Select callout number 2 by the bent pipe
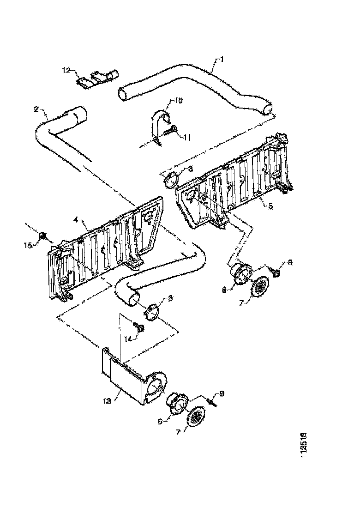(36, 109)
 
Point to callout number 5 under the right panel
(271, 206)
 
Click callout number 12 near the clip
(66, 70)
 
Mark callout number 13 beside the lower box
(107, 401)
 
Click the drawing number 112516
(303, 446)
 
